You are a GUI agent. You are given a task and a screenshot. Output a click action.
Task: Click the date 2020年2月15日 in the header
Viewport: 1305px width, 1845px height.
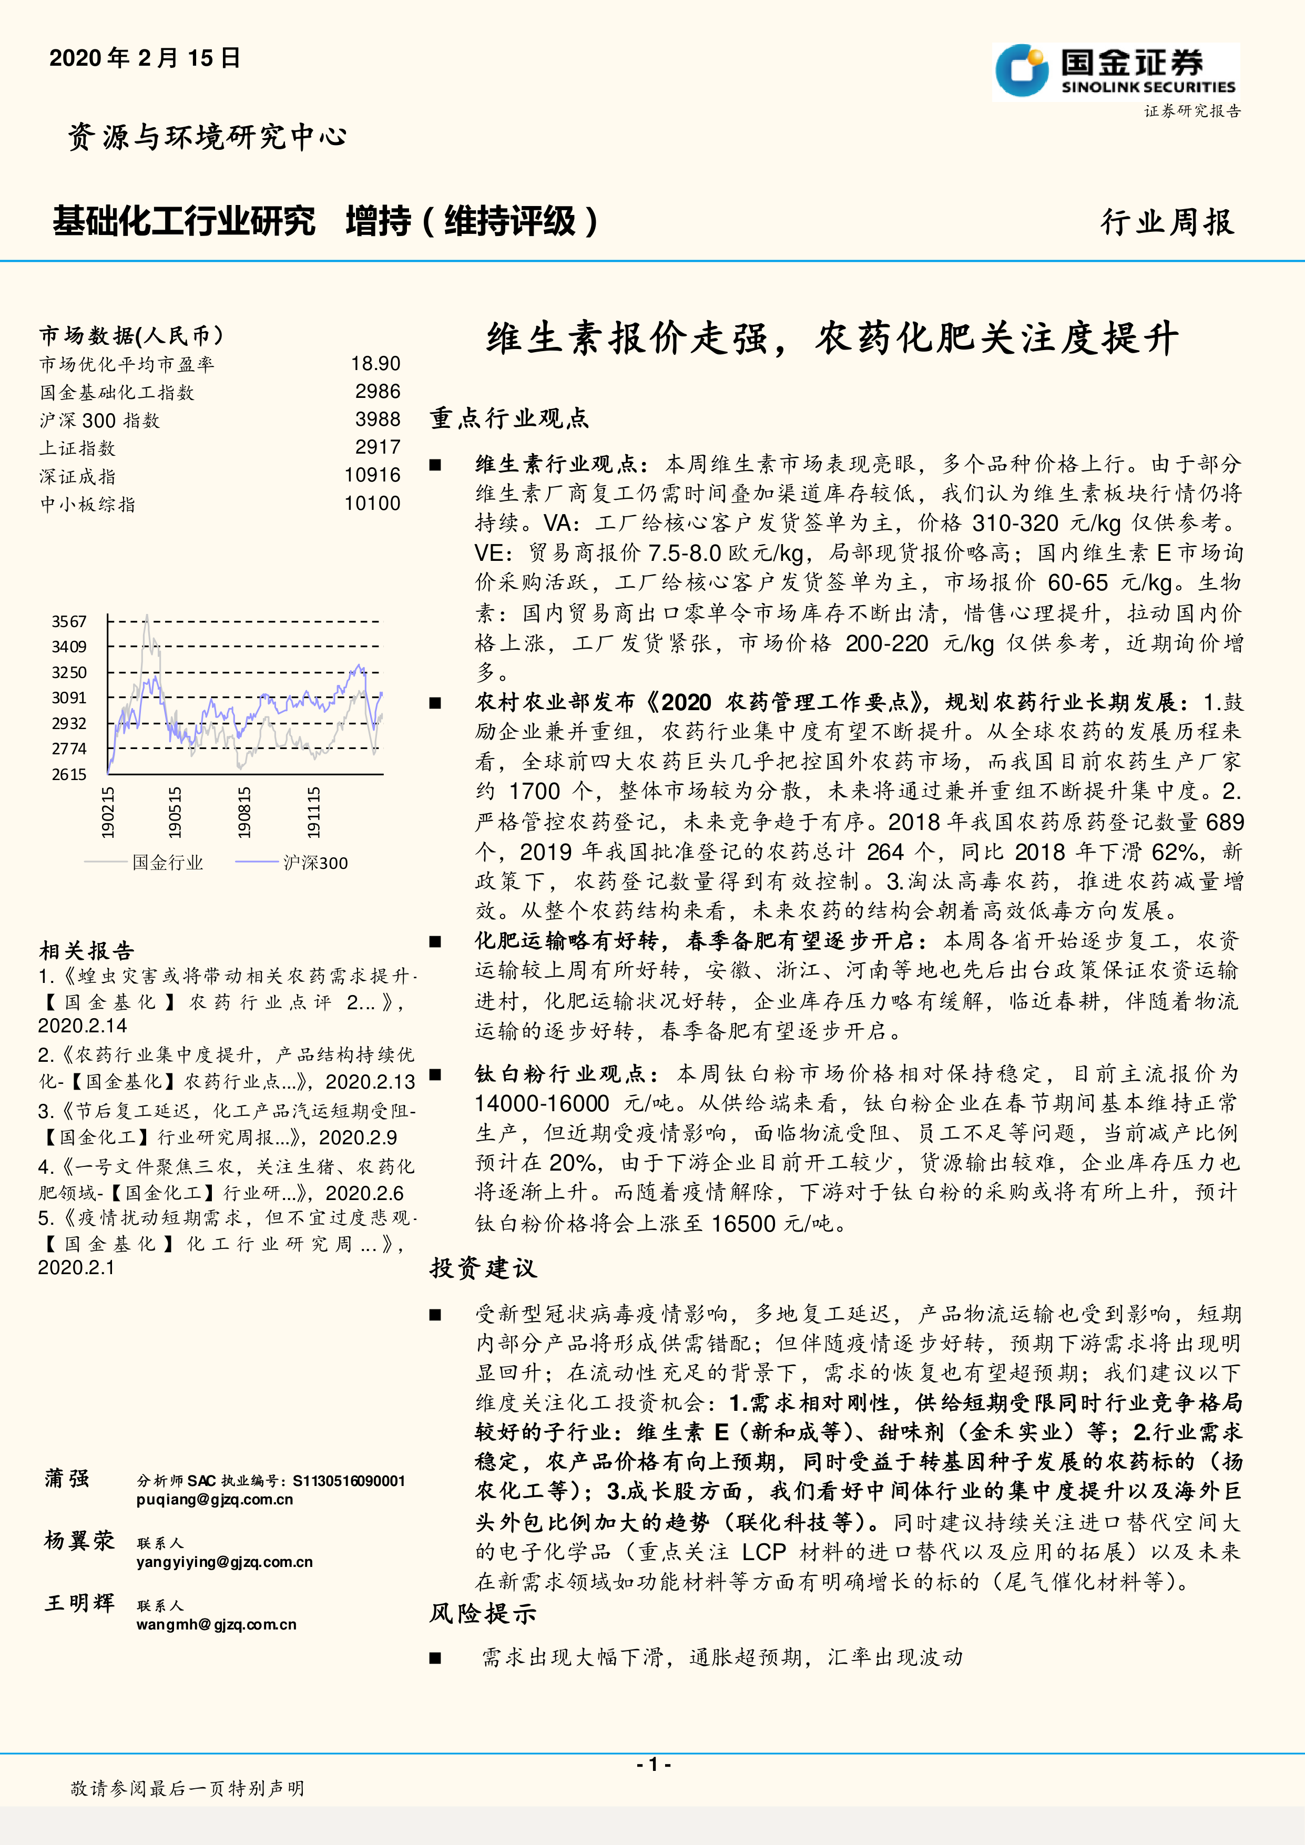[145, 58]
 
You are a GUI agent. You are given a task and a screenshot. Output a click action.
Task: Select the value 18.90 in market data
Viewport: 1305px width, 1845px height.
[375, 364]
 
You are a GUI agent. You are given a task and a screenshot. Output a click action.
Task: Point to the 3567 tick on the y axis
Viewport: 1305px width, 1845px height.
[69, 621]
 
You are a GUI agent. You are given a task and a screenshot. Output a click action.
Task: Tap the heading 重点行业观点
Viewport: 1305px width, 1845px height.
[508, 418]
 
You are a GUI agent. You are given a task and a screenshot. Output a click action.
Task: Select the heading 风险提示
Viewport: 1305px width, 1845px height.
[482, 1613]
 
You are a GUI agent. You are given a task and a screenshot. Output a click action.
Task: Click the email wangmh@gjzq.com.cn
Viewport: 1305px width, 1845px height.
[216, 1624]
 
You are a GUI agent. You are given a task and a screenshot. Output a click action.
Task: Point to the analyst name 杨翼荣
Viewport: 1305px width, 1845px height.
[79, 1541]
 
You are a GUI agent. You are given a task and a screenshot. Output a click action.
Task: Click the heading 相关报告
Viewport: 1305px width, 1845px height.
[87, 951]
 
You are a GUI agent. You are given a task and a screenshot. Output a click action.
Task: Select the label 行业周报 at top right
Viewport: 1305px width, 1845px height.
[1167, 222]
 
